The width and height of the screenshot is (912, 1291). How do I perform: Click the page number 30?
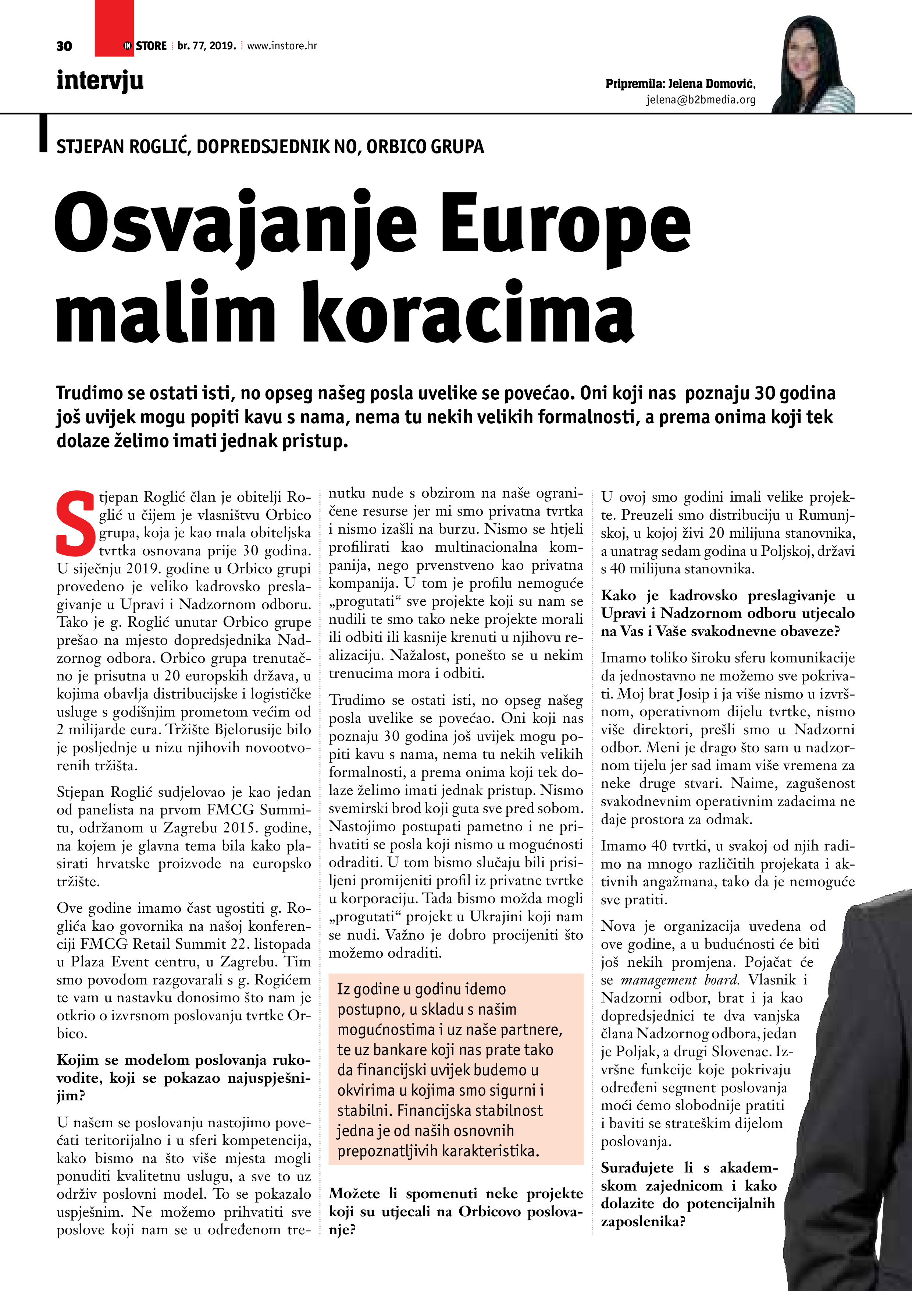64,46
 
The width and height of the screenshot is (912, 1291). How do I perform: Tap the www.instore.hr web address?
282,46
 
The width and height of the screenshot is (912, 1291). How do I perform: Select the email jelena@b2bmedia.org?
700,100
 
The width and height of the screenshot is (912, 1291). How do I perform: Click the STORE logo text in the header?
151,46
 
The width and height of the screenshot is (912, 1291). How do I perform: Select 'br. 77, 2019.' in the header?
206,46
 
